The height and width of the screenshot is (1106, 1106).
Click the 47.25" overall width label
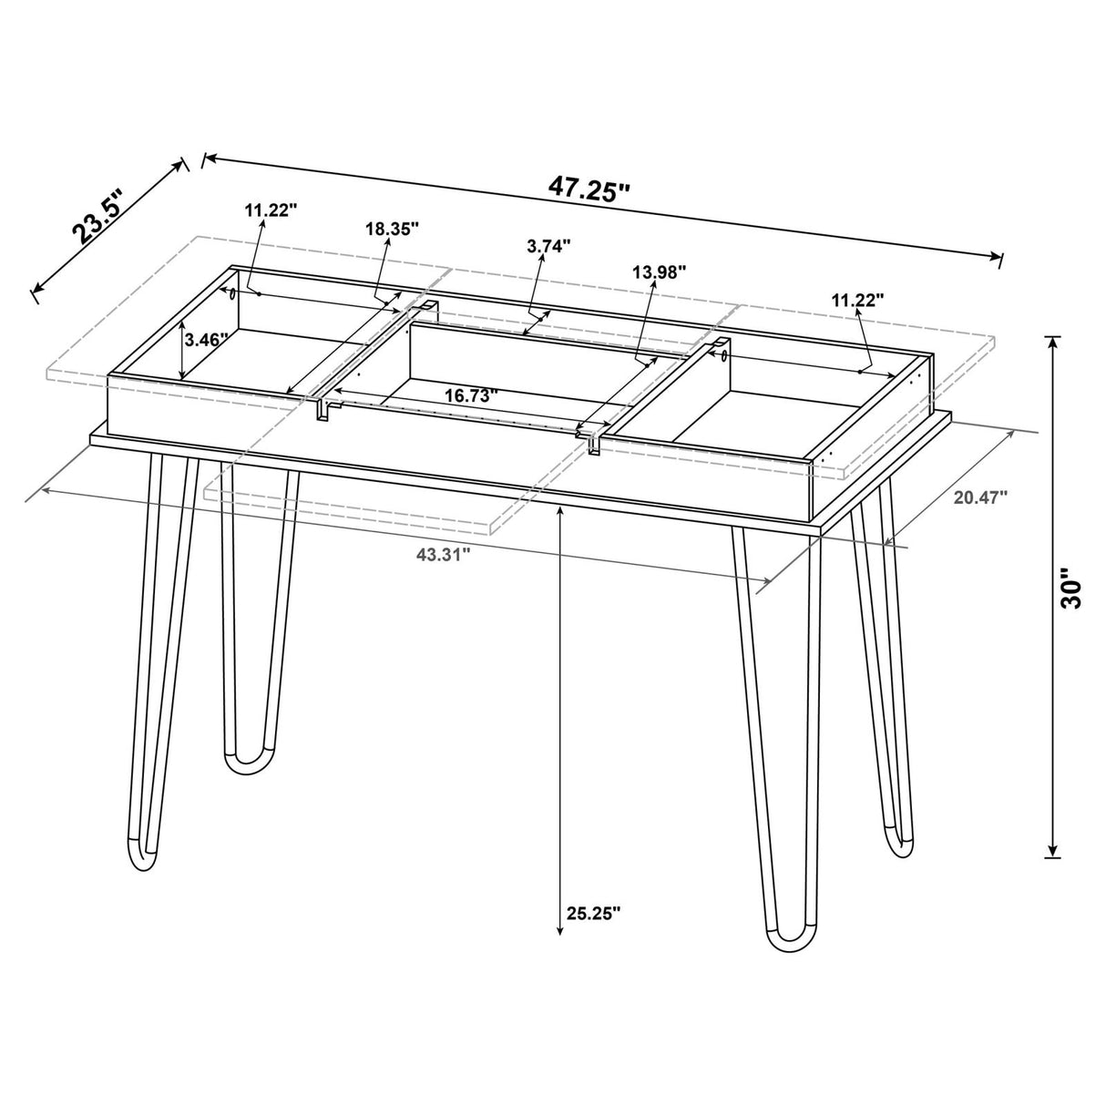click(589, 189)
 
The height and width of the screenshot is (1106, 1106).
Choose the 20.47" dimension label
click(980, 497)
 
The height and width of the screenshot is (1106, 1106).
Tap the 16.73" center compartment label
click(472, 396)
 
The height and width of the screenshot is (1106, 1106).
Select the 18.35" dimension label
click(392, 229)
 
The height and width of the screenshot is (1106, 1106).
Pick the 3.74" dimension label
click(548, 245)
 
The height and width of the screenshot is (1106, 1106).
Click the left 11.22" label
click(271, 210)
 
